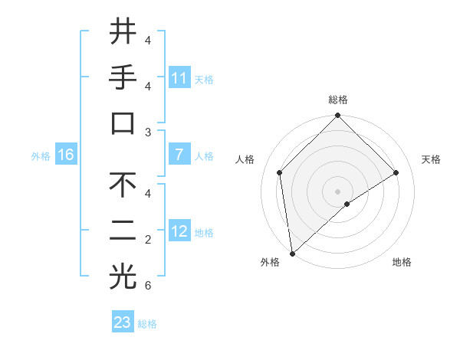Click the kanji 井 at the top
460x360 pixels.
tap(123, 31)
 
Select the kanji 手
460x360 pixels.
tap(123, 78)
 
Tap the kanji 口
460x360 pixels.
tap(123, 125)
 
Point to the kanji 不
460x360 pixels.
tap(123, 185)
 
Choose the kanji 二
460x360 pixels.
tap(123, 232)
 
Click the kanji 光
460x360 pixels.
tap(123, 278)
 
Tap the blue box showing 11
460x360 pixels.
tap(179, 78)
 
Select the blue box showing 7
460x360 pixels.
tap(179, 155)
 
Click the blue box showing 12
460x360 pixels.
tap(179, 231)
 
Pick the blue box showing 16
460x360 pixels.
tap(66, 155)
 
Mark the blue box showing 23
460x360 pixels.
tap(123, 322)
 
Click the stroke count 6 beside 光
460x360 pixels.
tap(148, 286)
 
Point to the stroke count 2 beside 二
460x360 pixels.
tap(148, 240)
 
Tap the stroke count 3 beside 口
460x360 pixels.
tap(148, 133)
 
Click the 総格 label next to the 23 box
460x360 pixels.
tap(147, 324)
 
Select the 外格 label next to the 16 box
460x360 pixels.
tap(41, 156)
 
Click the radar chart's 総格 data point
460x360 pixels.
tap(337, 116)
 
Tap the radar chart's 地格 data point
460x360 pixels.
tap(347, 204)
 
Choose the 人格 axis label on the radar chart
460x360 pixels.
tap(245, 159)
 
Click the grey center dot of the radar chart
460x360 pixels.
tap(337, 191)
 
